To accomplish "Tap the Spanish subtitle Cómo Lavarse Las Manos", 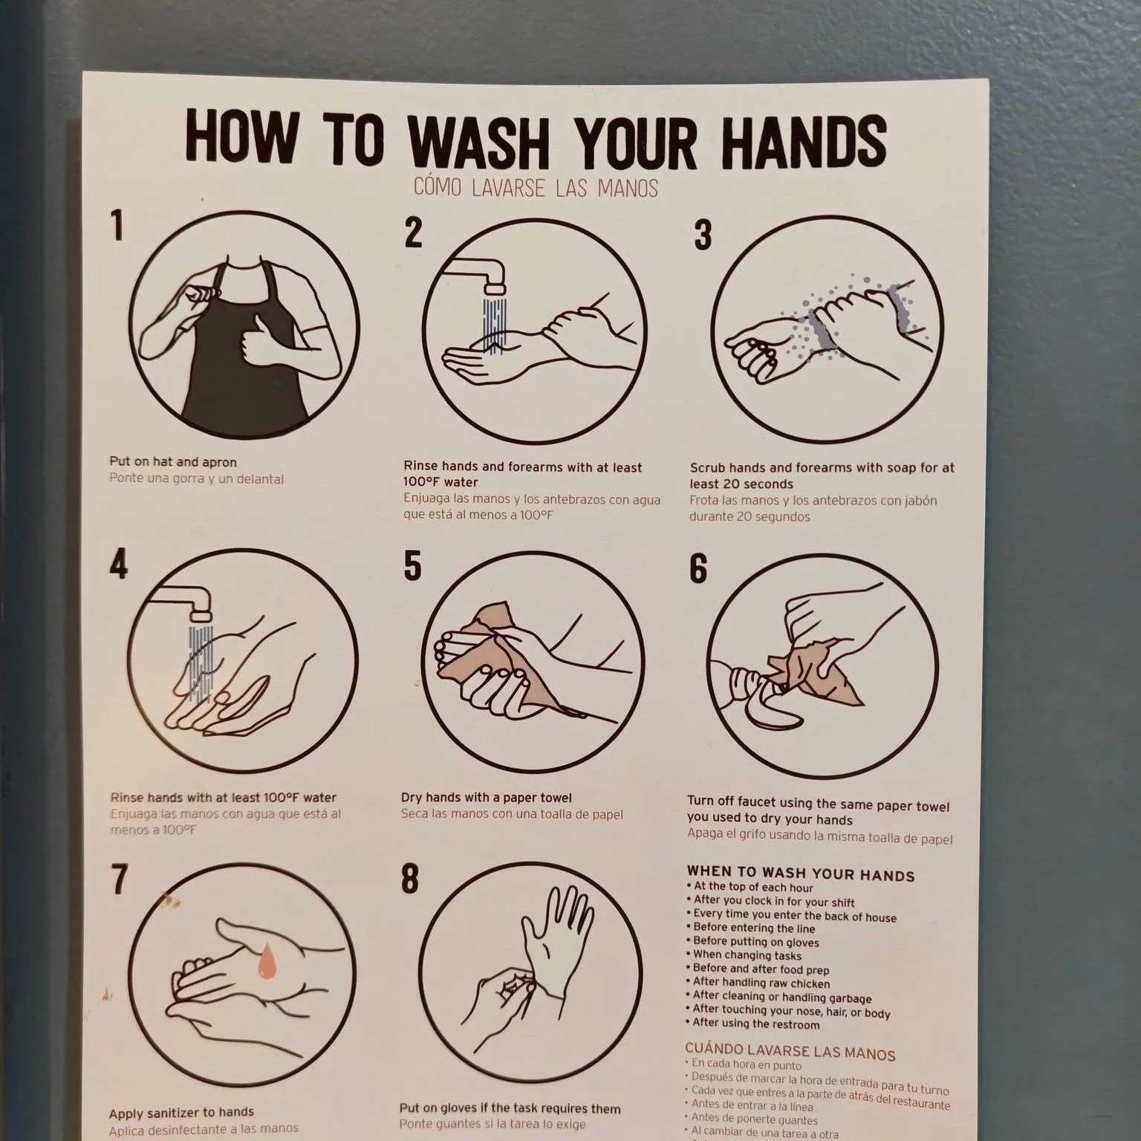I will (536, 187).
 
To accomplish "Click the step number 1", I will (117, 225).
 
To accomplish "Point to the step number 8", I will (410, 879).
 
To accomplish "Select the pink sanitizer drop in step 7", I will (265, 963).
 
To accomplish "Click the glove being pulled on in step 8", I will (553, 936).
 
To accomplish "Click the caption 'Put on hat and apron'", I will (173, 461).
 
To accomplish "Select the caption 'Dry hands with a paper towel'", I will (486, 797).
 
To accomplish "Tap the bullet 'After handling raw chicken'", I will (761, 982).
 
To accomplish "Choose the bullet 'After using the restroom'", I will (755, 1024).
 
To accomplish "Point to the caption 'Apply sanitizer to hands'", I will (181, 1112).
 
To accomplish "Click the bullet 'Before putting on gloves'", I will (755, 942).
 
